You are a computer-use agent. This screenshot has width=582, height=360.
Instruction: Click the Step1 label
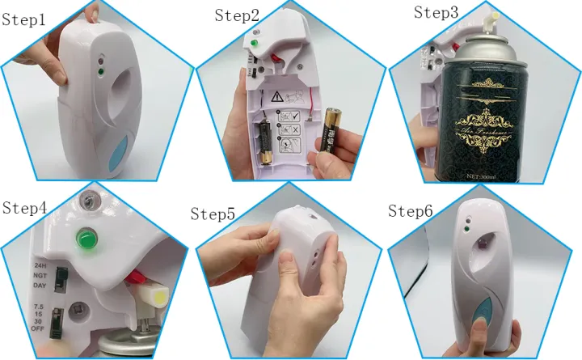(23, 19)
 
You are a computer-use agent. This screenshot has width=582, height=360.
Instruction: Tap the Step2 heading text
(238, 16)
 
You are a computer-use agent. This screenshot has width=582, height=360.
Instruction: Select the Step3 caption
(436, 12)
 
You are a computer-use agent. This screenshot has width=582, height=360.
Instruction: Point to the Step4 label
(24, 208)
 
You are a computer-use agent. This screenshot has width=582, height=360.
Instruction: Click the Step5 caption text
(213, 214)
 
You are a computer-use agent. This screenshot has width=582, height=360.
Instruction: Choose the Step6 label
(411, 211)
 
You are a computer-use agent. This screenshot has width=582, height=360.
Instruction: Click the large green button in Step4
(86, 238)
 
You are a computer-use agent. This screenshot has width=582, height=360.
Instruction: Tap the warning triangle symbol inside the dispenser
(278, 97)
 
